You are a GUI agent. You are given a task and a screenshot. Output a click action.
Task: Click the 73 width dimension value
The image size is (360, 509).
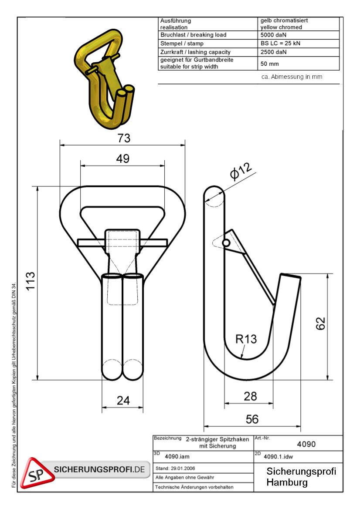124,138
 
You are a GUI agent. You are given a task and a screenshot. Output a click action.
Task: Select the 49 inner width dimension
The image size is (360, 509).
123,158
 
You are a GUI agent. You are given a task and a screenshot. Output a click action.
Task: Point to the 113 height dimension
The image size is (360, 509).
30,281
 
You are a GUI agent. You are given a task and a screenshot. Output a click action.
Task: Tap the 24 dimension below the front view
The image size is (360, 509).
123,400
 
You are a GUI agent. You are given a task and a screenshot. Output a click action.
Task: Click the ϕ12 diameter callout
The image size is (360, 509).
241,171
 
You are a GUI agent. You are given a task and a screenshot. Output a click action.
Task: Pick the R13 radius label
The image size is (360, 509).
246,339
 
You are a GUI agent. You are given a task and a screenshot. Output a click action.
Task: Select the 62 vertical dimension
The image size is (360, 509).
320,324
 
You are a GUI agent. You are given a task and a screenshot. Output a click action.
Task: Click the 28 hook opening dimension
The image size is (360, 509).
250,396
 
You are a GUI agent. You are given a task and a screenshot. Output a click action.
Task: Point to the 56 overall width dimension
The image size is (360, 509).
252,419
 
